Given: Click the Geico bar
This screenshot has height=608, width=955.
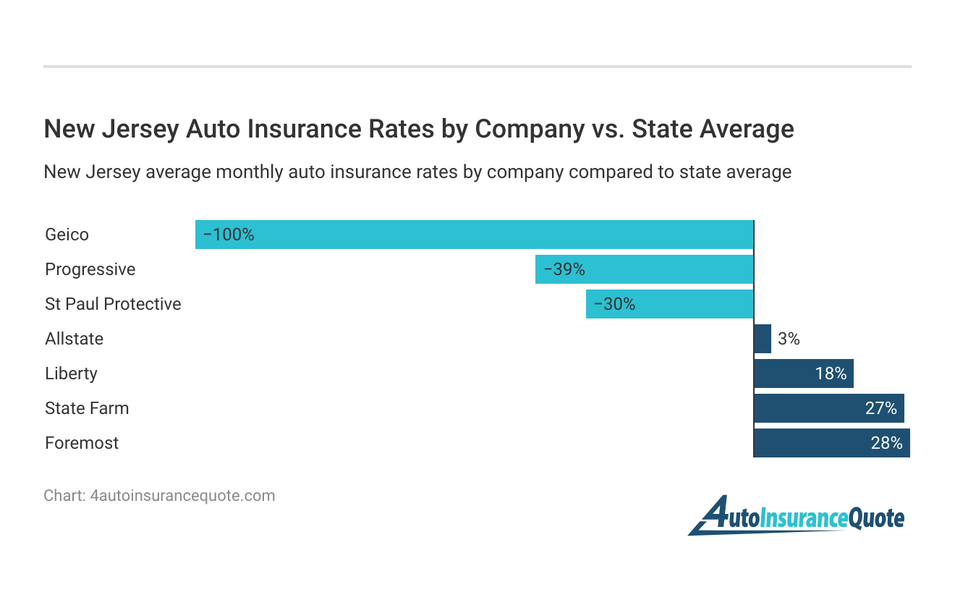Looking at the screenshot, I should [474, 235].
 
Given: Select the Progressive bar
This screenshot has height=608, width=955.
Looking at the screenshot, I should [644, 269].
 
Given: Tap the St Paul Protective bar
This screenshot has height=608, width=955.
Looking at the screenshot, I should [669, 304].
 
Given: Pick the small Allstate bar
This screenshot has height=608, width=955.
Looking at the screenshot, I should [763, 339].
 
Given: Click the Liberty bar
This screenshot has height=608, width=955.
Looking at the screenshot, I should [803, 373].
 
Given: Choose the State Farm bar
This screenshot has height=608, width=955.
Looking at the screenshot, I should [828, 408].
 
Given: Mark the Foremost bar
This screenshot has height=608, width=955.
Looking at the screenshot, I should [831, 443].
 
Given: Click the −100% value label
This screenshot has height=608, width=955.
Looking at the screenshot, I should [229, 235].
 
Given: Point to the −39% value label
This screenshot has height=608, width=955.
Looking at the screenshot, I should [564, 269].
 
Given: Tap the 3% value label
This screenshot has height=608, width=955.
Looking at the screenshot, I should [789, 339].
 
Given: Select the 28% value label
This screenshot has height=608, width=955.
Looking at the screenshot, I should [886, 443].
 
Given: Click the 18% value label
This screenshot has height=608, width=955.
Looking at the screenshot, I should [831, 373].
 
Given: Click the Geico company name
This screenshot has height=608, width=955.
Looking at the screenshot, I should [67, 235].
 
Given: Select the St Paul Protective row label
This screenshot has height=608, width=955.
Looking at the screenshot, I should [113, 304].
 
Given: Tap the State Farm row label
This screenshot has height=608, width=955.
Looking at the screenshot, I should [87, 408].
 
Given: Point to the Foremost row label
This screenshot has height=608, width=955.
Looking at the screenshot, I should [82, 443].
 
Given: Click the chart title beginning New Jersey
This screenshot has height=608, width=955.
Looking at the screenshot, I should [419, 129].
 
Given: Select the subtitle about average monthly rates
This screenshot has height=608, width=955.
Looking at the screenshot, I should [417, 172].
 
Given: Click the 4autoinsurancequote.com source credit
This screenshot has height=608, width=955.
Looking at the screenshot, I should [159, 496].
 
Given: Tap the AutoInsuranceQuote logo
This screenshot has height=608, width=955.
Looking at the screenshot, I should [796, 517].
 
